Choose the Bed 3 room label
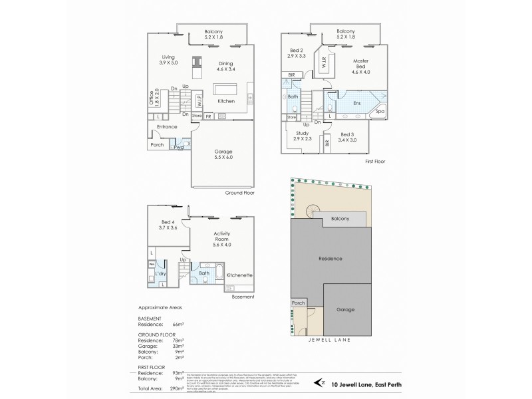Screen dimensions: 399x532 click(346, 138)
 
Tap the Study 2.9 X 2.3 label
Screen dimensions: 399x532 click(302, 136)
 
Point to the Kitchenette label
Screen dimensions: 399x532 click(239, 274)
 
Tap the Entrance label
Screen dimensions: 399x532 click(166, 126)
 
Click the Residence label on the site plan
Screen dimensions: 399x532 click(331, 258)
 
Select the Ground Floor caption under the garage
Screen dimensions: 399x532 click(240, 193)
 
